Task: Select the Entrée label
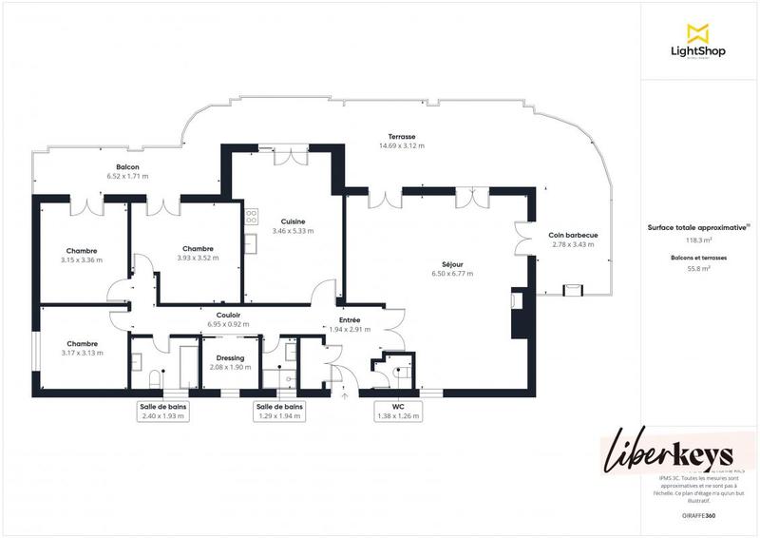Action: (349, 320)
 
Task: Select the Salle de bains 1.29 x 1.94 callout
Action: (279, 411)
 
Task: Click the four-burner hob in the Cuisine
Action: (252, 217)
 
